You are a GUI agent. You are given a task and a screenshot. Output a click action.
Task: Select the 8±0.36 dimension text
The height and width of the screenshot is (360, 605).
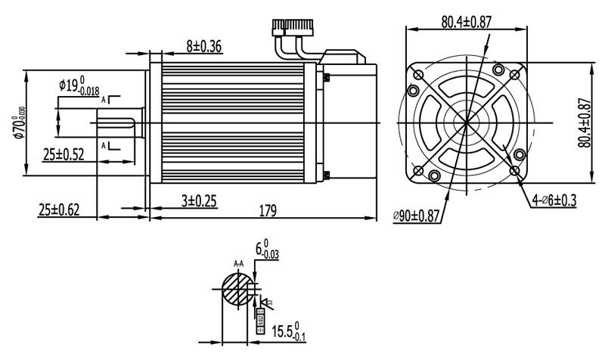tap(203, 47)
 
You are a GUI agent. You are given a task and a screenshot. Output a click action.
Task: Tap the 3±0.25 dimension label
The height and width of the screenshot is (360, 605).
tap(199, 200)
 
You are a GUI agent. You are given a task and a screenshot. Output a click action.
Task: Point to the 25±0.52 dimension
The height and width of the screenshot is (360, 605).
tap(64, 154)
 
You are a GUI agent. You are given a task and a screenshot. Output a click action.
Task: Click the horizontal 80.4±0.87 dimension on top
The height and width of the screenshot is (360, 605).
tap(467, 22)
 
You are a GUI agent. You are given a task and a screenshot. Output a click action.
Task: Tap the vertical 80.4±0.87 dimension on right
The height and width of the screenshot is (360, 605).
tap(585, 123)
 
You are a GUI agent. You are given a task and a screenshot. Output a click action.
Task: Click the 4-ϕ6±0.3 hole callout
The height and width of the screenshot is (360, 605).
tap(554, 201)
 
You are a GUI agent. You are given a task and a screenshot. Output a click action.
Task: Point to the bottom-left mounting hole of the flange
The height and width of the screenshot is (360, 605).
tap(417, 171)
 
